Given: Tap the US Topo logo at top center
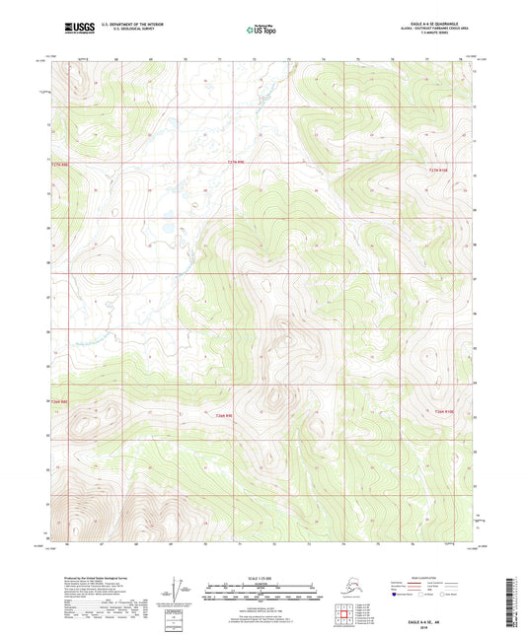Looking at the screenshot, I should pos(262,30).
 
